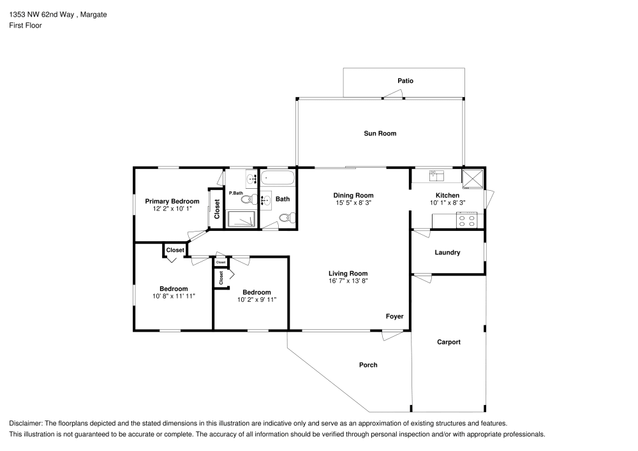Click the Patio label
pyautogui.click(x=405, y=81)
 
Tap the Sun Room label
pyautogui.click(x=380, y=133)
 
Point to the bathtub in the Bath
pyautogui.click(x=278, y=177)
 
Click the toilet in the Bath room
pyautogui.click(x=286, y=218)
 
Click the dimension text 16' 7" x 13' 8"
pyautogui.click(x=348, y=281)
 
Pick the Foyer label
pyautogui.click(x=394, y=316)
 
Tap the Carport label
pyautogui.click(x=449, y=342)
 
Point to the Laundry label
pyautogui.click(x=447, y=253)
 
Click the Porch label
pyautogui.click(x=368, y=365)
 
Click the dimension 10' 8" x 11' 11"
pyautogui.click(x=174, y=296)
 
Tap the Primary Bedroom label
pyautogui.click(x=172, y=201)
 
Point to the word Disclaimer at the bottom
pyautogui.click(x=26, y=424)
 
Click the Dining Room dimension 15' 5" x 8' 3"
pyautogui.click(x=353, y=203)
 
